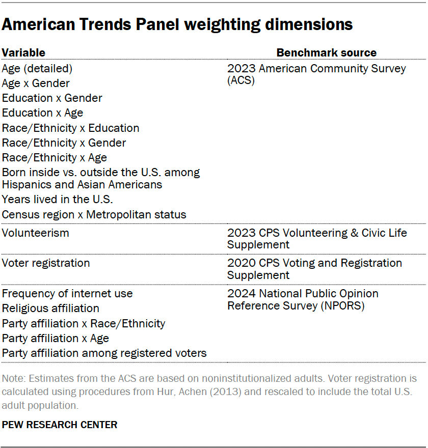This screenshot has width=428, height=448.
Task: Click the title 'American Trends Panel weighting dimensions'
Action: pyautogui.click(x=177, y=24)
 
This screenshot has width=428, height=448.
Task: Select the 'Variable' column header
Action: pyautogui.click(x=23, y=52)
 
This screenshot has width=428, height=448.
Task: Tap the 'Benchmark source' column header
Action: pyautogui.click(x=326, y=52)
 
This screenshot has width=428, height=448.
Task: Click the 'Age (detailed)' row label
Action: pyautogui.click(x=37, y=68)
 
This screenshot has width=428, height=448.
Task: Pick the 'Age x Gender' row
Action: pyautogui.click(x=36, y=83)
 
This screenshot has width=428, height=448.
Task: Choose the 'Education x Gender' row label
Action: pyautogui.click(x=52, y=98)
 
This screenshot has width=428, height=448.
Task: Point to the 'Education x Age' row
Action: pyautogui.click(x=42, y=113)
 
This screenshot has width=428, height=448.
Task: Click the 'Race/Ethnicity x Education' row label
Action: pyautogui.click(x=70, y=128)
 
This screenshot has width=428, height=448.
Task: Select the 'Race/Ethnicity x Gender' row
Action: pyautogui.click(x=64, y=143)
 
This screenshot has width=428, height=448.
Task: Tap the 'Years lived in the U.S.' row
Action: pyautogui.click(x=57, y=199)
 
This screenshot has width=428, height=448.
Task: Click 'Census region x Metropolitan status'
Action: pyautogui.click(x=94, y=214)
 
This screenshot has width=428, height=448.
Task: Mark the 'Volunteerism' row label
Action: pyautogui.click(x=35, y=233)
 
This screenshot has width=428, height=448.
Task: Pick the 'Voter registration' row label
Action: pyautogui.click(x=46, y=263)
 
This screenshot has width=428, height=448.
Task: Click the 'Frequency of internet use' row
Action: pyautogui.click(x=67, y=293)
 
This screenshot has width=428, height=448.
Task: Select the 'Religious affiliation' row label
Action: pyautogui.click(x=50, y=308)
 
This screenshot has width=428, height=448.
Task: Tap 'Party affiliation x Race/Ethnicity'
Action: pyautogui.click(x=84, y=323)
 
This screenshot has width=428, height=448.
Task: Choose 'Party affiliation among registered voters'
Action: pyautogui.click(x=104, y=353)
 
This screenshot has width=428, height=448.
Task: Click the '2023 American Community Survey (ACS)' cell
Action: pyautogui.click(x=316, y=74)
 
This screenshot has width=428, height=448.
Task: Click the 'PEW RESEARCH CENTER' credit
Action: pyautogui.click(x=60, y=424)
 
